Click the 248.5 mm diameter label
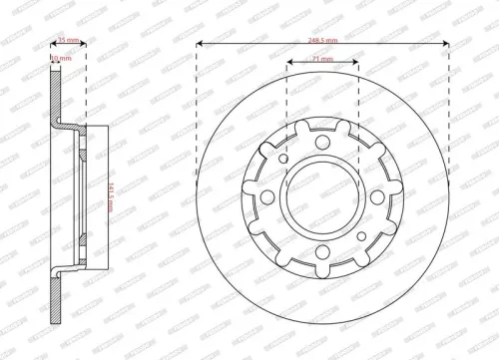pos(321,37)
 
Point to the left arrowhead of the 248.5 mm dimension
pos(200,45)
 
